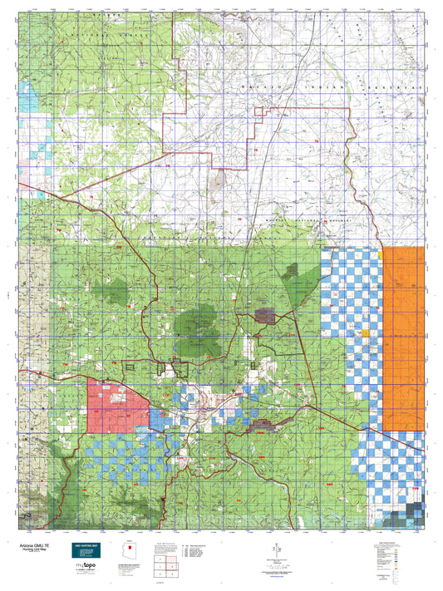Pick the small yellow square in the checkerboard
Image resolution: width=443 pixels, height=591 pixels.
coord(364,334)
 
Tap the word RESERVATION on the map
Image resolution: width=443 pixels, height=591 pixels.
coord(391,86)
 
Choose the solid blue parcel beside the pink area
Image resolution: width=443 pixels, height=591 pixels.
coord(156,415)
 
